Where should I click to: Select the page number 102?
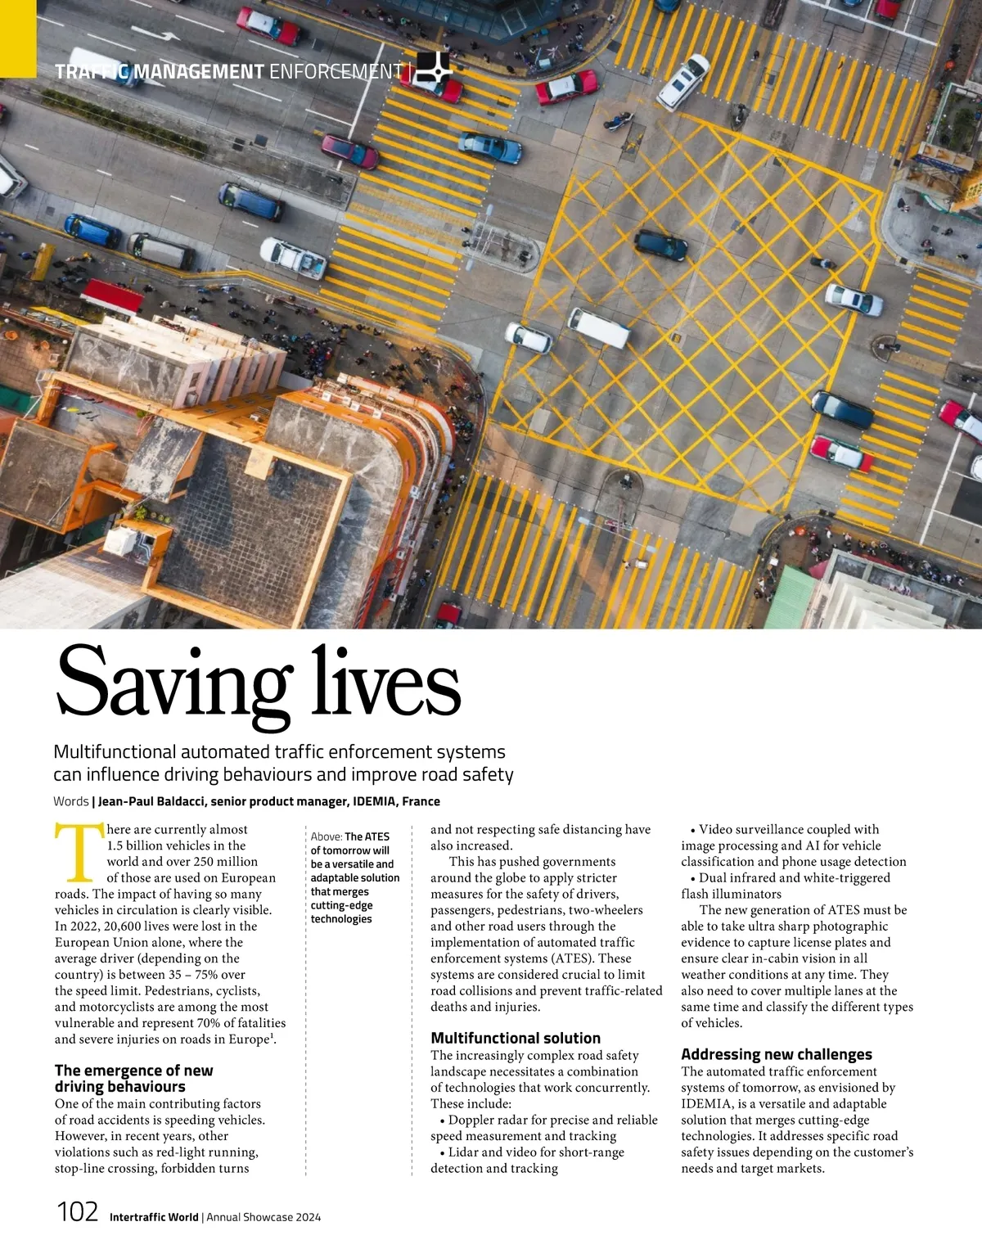point(77,1211)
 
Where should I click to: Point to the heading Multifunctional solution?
point(516,1038)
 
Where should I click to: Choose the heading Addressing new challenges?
point(777,1054)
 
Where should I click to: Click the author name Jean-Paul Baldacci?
point(151,801)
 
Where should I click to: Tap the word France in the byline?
point(421,801)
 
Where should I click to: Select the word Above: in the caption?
point(327,836)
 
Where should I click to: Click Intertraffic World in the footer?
point(154,1217)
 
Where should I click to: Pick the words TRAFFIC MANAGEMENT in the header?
point(160,72)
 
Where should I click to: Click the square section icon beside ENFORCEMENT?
point(433,69)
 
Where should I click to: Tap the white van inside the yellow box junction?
point(599,327)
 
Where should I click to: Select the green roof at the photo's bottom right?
point(789,598)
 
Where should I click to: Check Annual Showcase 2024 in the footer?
point(264,1217)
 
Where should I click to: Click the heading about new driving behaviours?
point(133,1078)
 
